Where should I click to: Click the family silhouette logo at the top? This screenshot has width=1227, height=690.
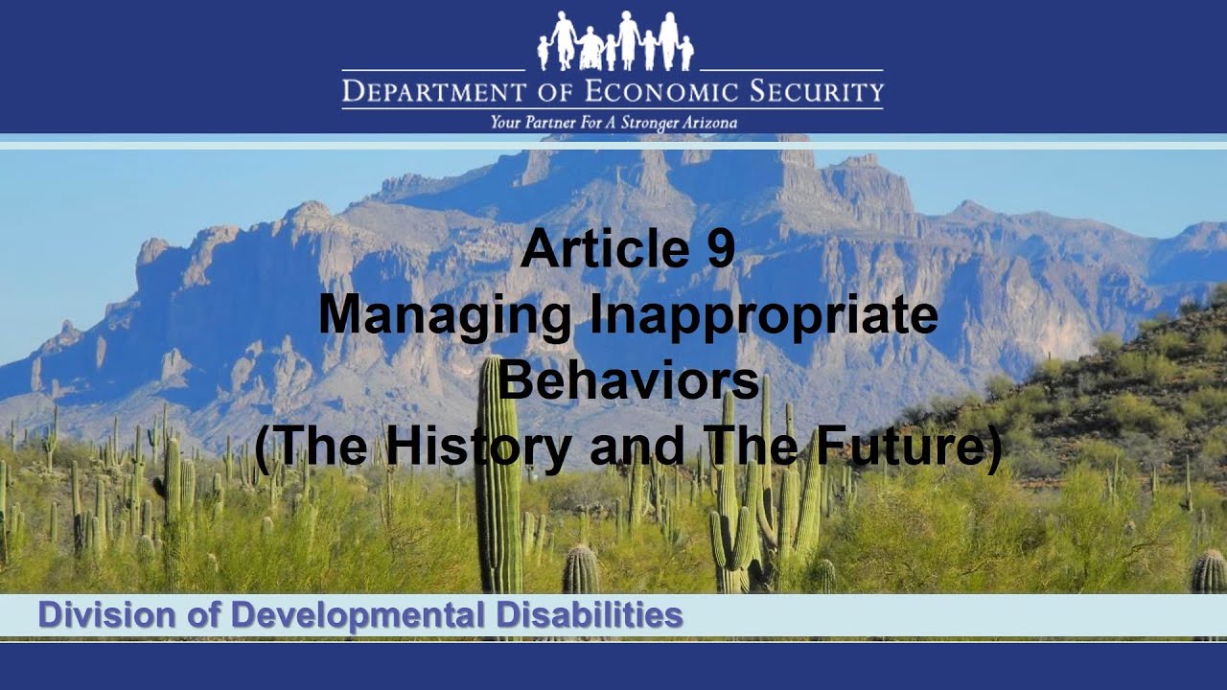[x=614, y=40]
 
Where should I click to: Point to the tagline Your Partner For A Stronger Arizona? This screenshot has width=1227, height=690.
[x=613, y=123]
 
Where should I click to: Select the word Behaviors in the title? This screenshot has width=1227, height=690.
[x=628, y=379]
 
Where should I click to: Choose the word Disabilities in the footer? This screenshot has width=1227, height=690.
[x=590, y=615]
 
